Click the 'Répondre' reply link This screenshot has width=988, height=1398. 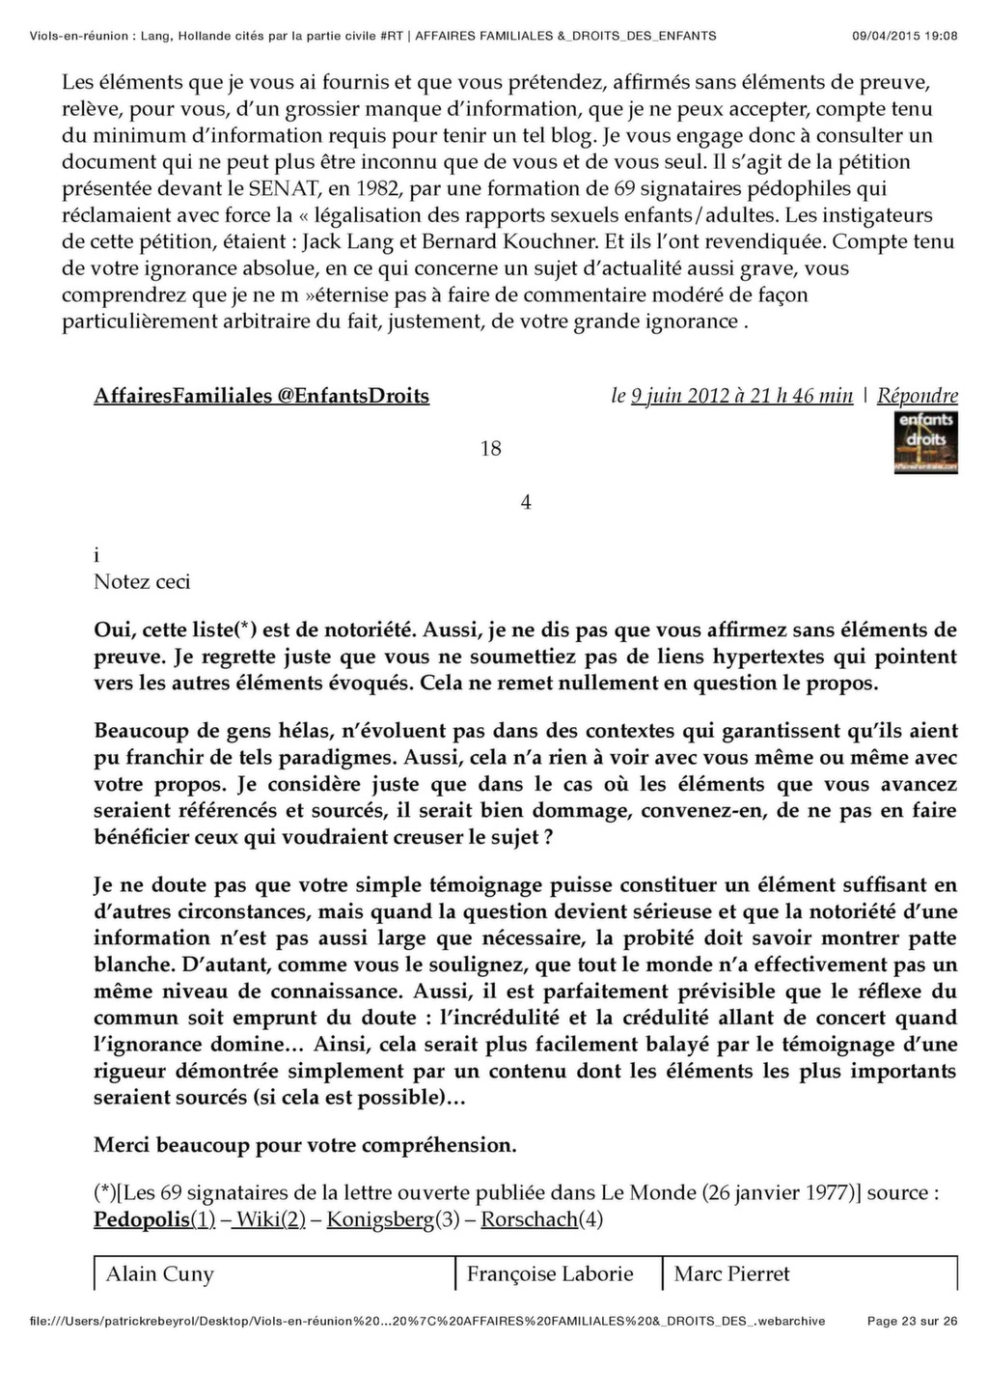click(x=917, y=396)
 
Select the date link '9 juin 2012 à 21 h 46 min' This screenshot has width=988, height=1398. click(x=742, y=396)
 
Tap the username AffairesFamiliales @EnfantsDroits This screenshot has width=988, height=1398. click(x=261, y=396)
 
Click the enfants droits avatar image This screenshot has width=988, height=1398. click(x=926, y=442)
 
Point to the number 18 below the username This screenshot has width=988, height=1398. click(x=490, y=448)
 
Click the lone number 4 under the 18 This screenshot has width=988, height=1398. click(x=526, y=502)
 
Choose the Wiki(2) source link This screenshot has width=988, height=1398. click(x=270, y=1219)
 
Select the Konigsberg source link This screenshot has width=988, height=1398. click(x=380, y=1219)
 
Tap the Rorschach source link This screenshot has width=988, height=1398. click(x=529, y=1219)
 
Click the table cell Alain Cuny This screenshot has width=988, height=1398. click(x=159, y=1273)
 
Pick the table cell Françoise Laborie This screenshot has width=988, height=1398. click(x=550, y=1273)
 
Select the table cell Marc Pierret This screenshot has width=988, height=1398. click(x=731, y=1273)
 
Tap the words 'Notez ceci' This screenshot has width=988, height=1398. click(x=142, y=581)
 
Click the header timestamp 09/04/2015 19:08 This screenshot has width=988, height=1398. click(x=905, y=36)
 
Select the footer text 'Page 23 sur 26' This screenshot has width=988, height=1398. click(x=912, y=1321)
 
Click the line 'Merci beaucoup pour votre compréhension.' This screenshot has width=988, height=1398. click(x=305, y=1145)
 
